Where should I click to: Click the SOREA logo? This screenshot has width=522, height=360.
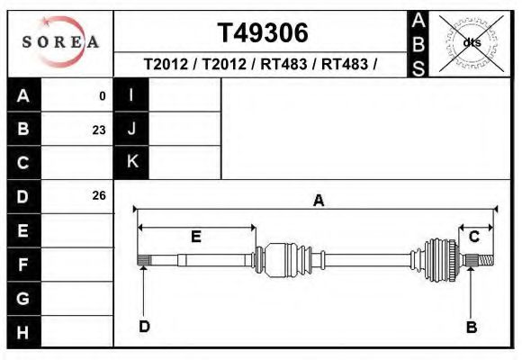click(59, 42)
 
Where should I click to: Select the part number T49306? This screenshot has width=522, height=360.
click(263, 33)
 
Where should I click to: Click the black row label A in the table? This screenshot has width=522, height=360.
click(23, 95)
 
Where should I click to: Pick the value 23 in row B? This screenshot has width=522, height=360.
click(98, 130)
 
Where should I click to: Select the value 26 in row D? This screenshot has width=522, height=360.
click(98, 195)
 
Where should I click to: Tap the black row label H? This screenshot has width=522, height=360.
click(23, 332)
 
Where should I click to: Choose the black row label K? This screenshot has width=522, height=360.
click(132, 162)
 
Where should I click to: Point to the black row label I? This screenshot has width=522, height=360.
click(132, 95)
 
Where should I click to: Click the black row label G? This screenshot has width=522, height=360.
click(23, 298)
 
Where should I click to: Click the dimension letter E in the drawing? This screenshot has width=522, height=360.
click(195, 236)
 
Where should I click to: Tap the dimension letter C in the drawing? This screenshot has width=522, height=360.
click(473, 236)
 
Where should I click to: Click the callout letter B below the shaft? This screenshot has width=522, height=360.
click(471, 328)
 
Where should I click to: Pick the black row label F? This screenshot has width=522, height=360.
click(23, 265)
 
